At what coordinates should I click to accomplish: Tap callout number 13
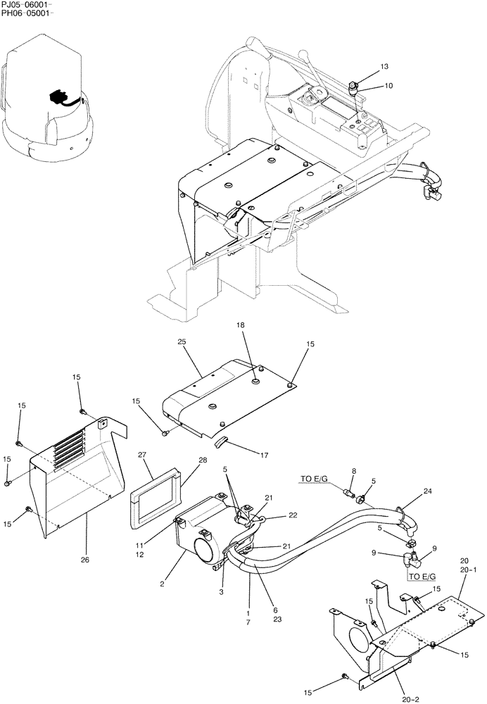(384, 66)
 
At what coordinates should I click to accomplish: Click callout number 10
(388, 86)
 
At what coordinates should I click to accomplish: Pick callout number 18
(241, 327)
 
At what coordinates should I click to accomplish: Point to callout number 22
(292, 517)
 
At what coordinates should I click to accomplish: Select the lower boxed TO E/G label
(421, 576)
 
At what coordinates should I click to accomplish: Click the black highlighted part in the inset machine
(58, 96)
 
